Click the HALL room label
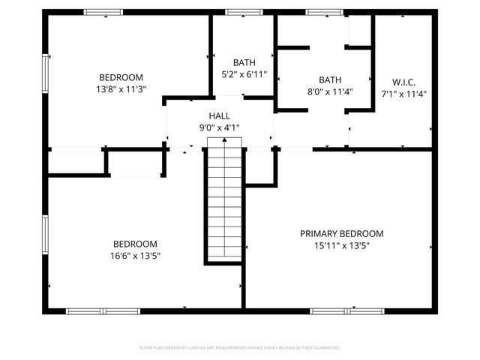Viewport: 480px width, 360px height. pos(220,115)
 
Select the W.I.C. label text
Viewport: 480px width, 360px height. pos(403,82)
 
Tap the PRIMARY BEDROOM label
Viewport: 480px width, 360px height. pos(341,233)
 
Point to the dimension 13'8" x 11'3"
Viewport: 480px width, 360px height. pos(121,89)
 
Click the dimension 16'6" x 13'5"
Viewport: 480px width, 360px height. pos(135,256)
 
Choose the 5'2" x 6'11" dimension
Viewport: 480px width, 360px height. pos(244,75)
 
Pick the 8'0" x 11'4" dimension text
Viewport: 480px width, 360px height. pos(330,92)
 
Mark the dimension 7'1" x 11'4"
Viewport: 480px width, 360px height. pos(403,94)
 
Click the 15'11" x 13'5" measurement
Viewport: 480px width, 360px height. pos(341,245)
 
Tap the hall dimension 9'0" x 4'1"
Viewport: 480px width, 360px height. pos(220,127)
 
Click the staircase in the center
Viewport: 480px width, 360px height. pos(225,202)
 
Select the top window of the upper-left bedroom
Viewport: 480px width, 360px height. pos(103,12)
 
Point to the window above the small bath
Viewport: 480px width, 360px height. pos(240,12)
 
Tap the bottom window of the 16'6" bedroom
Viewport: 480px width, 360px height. pos(97,310)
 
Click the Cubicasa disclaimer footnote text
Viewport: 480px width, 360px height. pos(240,348)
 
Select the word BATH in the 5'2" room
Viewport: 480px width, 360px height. pos(244,63)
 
